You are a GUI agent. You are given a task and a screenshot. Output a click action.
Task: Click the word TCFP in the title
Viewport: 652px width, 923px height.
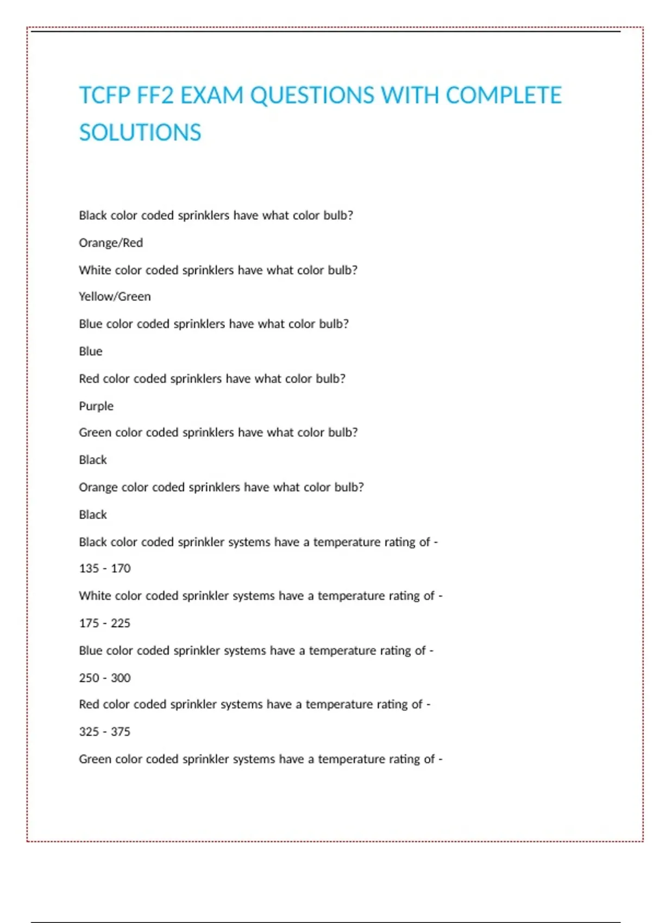click(x=104, y=96)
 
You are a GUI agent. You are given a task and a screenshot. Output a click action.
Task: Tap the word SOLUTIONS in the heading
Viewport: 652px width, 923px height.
click(x=140, y=132)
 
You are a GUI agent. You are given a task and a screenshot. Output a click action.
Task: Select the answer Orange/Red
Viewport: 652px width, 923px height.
click(x=111, y=243)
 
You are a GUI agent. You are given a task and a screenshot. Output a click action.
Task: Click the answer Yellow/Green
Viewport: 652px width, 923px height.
click(x=115, y=296)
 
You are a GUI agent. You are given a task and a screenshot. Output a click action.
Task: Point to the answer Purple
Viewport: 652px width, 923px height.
click(x=96, y=406)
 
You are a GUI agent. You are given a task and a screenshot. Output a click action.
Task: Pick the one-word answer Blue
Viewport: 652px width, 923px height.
click(x=91, y=351)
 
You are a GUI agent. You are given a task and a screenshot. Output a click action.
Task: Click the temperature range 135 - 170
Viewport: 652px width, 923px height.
click(x=105, y=568)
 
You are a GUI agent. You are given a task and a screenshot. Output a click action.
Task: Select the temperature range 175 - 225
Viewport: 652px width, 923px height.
click(x=105, y=623)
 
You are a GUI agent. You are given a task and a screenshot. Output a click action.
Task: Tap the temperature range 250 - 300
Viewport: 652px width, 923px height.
click(x=105, y=678)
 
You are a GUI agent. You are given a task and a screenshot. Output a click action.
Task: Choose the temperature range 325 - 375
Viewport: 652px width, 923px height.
click(x=105, y=731)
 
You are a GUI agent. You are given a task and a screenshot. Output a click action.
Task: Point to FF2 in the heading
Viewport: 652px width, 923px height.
click(x=155, y=96)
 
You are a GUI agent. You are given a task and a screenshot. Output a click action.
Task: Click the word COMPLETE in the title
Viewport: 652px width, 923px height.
click(x=503, y=96)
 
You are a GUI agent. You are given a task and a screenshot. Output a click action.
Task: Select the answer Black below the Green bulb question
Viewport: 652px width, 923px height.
click(x=93, y=460)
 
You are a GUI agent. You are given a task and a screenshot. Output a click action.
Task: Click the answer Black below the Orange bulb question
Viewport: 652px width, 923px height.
click(x=93, y=514)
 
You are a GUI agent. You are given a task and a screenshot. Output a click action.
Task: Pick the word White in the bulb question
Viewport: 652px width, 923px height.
click(x=95, y=270)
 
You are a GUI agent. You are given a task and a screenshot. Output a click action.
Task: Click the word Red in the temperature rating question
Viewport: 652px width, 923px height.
click(x=89, y=704)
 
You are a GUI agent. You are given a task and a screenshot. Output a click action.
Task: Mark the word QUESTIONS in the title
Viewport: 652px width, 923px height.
click(x=312, y=96)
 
